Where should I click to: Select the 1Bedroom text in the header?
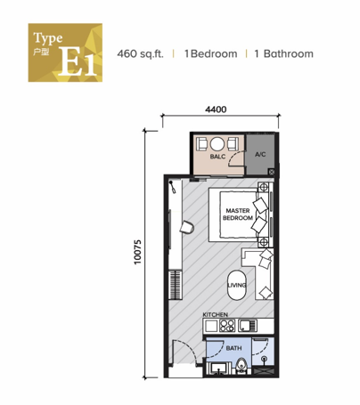click(x=211, y=54)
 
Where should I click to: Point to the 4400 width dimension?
click(x=216, y=109)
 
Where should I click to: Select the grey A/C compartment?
click(x=260, y=155)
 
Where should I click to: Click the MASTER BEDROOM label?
click(x=237, y=215)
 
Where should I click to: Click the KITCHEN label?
click(x=216, y=315)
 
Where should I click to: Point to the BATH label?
click(x=233, y=349)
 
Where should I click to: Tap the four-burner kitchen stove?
click(x=216, y=326)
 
